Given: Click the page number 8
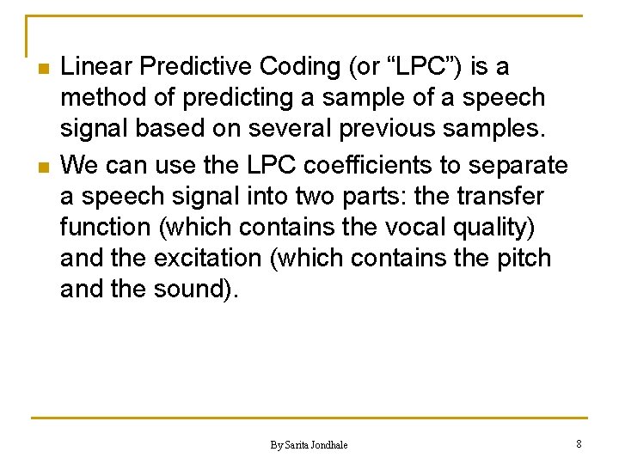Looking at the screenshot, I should point(579,443).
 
